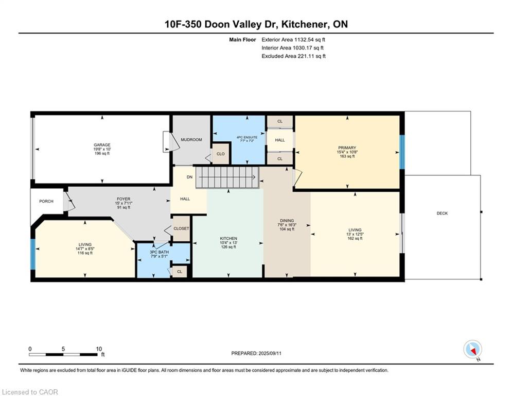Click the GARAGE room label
(x=102, y=145)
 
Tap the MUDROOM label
(x=191, y=140)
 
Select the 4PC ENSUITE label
(x=247, y=137)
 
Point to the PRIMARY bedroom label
(x=347, y=148)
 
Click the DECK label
(x=442, y=213)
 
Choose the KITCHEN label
(x=228, y=239)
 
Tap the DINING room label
(x=287, y=221)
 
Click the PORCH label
(x=46, y=201)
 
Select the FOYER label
(x=123, y=199)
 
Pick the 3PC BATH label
(x=160, y=252)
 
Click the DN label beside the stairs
(x=190, y=177)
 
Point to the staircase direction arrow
(x=227, y=177)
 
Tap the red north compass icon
(x=472, y=350)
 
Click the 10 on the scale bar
(x=99, y=349)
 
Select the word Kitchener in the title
(x=305, y=24)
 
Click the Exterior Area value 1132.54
(x=304, y=40)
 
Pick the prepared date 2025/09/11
(x=270, y=353)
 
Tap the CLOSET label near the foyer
(x=181, y=228)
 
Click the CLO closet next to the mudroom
(x=221, y=154)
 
